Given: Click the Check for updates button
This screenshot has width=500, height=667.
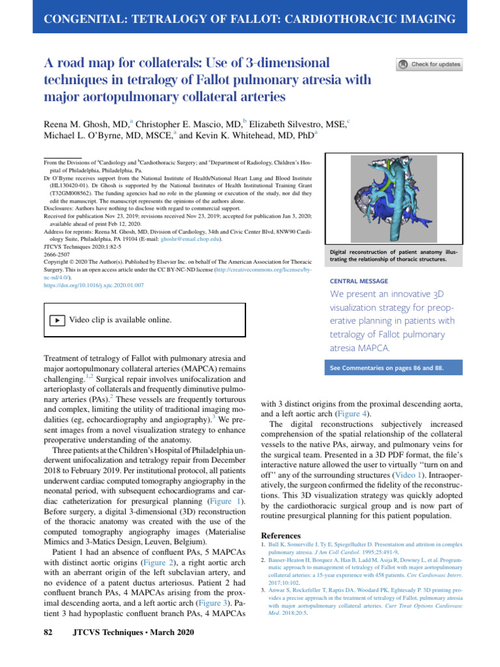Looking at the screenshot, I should click(429, 64).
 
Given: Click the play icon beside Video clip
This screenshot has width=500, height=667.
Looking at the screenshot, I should click(57, 320).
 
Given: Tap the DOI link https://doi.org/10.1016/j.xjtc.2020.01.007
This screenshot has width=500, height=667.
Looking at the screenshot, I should click(94, 285).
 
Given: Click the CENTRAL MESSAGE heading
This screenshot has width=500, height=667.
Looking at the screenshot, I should click(360, 281).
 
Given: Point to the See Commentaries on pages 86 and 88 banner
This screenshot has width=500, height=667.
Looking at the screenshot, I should click(387, 368).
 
